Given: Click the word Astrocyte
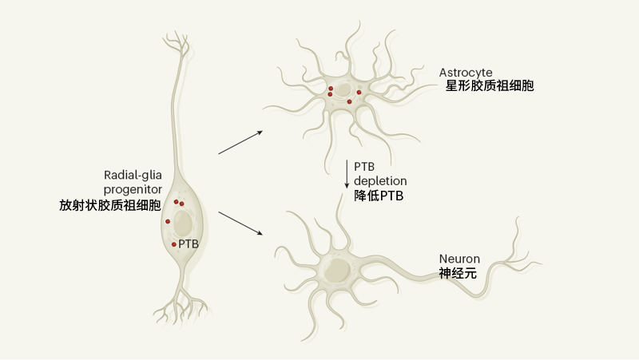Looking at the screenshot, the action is click(x=466, y=73).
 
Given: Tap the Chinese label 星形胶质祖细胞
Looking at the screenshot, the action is click(x=490, y=86).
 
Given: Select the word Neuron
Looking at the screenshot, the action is click(x=459, y=259).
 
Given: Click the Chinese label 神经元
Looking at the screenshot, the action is click(x=458, y=273).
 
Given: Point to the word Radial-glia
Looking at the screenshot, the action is click(x=133, y=176).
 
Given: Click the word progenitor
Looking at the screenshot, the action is click(x=133, y=190).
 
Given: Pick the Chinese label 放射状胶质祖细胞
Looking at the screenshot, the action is click(x=110, y=205).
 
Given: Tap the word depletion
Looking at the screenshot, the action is click(x=380, y=181).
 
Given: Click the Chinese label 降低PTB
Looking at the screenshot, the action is click(x=379, y=196).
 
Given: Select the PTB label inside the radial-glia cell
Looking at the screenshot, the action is click(x=189, y=244).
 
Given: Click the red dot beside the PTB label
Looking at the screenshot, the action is click(x=174, y=244).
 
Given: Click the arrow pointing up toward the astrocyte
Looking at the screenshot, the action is click(x=240, y=143).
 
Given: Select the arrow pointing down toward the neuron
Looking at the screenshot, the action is click(x=240, y=224).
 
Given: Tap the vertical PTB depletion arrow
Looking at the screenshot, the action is click(x=347, y=174).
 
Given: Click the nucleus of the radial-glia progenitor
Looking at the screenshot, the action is click(x=183, y=223).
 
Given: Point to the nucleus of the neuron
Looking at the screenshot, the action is click(x=337, y=270).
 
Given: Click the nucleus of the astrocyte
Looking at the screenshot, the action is click(x=343, y=90).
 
